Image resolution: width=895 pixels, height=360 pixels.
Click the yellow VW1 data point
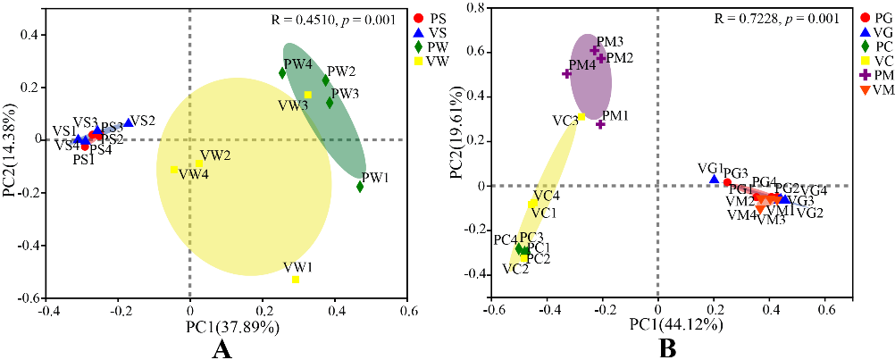coord(296,280)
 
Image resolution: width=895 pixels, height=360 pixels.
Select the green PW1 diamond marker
coord(360,187)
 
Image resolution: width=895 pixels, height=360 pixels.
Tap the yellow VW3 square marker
coord(308,95)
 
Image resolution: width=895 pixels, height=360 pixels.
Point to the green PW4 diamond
coord(282,73)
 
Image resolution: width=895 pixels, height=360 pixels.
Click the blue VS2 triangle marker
coord(129,122)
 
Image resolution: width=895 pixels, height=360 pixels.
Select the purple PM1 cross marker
coord(600,124)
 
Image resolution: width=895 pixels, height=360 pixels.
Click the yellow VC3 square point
coord(581,117)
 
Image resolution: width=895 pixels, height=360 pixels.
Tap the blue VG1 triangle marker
coord(714,180)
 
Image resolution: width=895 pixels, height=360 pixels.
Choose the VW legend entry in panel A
coord(432,61)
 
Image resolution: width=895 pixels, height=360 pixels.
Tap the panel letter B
coord(666,348)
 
